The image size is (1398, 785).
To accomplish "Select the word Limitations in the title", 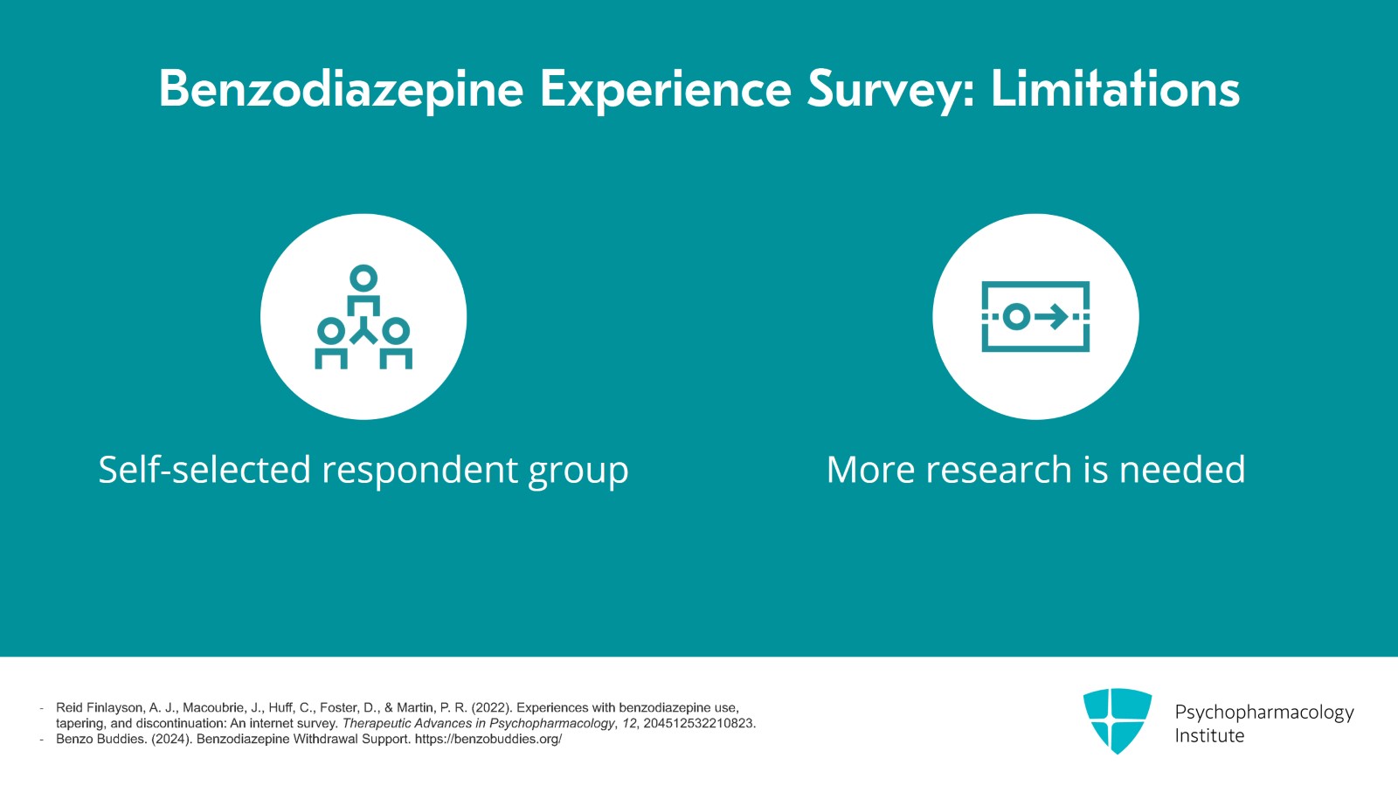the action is pyautogui.click(x=1115, y=88).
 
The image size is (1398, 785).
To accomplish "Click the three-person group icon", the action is pyautogui.click(x=363, y=317).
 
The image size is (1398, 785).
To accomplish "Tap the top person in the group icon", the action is pyautogui.click(x=363, y=291).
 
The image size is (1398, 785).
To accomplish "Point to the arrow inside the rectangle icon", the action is pyautogui.click(x=1052, y=317).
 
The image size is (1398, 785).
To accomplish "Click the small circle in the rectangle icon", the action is pyautogui.click(x=1016, y=317).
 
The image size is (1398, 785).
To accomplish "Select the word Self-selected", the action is pyautogui.click(x=204, y=469).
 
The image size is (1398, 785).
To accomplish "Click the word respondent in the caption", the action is pyautogui.click(x=419, y=471).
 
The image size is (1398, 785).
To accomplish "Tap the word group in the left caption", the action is pyautogui.click(x=578, y=473).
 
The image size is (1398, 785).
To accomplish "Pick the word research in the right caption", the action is pyautogui.click(x=999, y=470).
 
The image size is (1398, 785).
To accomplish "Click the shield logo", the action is pyautogui.click(x=1118, y=720).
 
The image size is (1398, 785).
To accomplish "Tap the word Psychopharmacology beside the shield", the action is pyautogui.click(x=1264, y=712).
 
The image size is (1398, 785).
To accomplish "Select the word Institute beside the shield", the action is pyautogui.click(x=1209, y=736).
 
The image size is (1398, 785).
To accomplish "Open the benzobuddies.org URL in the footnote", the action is pyautogui.click(x=488, y=739).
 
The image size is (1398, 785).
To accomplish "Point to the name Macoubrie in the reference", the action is pyautogui.click(x=208, y=707).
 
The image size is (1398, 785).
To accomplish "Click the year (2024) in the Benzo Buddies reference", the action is pyautogui.click(x=171, y=739).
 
